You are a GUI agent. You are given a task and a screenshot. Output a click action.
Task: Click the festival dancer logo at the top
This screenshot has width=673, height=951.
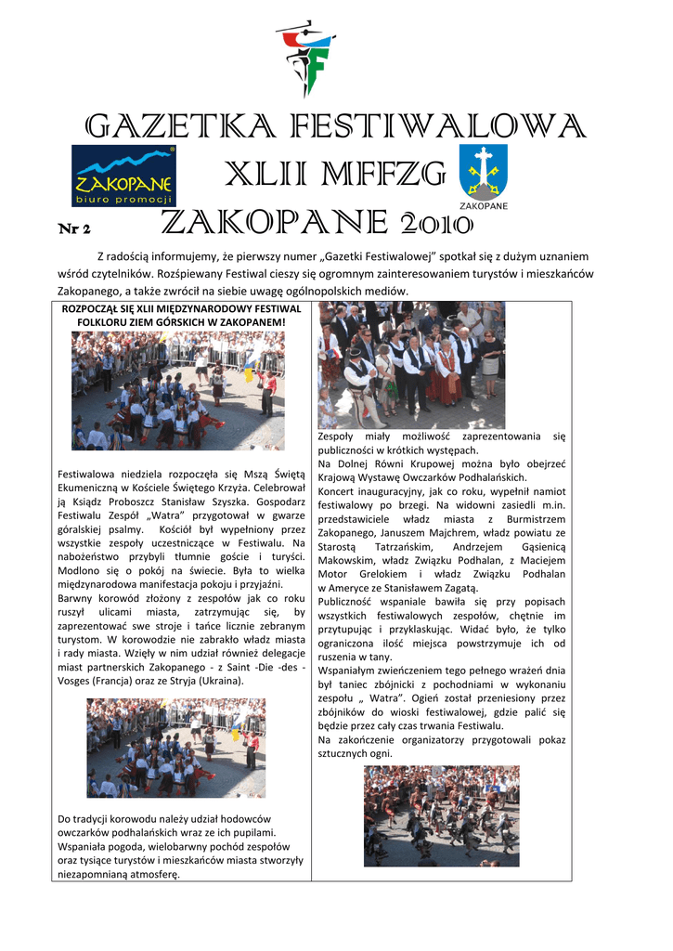click(305, 58)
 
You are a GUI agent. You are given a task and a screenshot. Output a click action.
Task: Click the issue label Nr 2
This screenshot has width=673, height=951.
click(73, 228)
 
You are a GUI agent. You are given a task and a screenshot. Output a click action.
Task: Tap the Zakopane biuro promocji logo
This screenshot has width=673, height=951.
click(122, 174)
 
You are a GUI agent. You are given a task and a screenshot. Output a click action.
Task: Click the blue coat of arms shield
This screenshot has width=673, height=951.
click(484, 170)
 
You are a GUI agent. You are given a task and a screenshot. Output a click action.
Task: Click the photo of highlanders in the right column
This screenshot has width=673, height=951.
click(411, 365)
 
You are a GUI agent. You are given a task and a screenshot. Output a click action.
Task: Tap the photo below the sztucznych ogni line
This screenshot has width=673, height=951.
click(441, 815)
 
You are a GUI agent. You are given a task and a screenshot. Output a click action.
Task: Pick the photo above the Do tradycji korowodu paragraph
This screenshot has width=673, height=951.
click(176, 748)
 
